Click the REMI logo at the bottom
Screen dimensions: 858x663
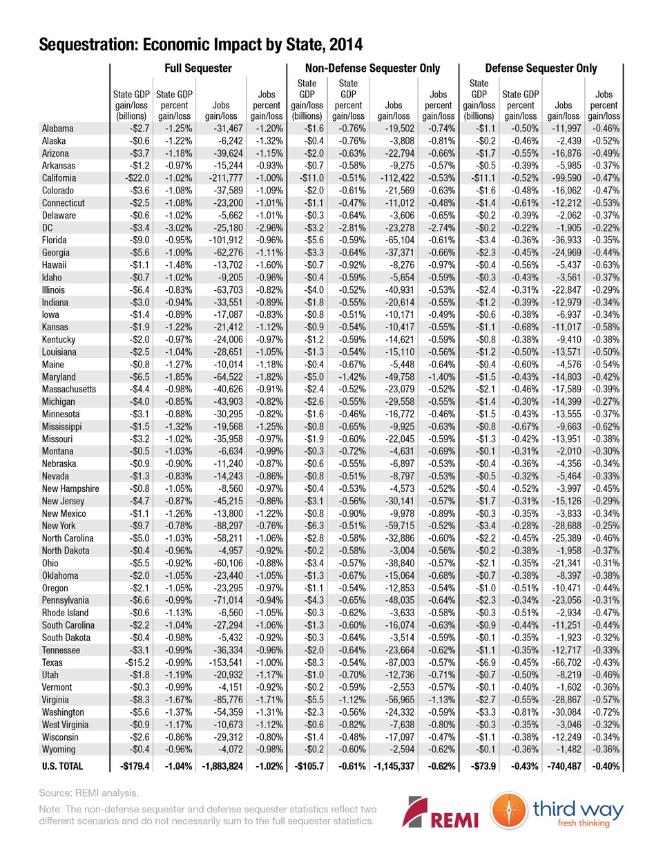coord(441,812)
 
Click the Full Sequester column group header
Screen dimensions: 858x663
coord(198,68)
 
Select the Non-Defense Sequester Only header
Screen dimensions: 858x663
coord(372,68)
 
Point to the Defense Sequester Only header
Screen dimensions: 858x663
coord(541,68)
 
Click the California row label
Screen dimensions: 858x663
coord(59,178)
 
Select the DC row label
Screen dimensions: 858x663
coord(48,228)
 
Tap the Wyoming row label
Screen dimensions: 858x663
coord(59,750)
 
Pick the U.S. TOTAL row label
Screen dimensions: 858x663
coord(62,766)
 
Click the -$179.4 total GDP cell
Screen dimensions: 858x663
coord(135,766)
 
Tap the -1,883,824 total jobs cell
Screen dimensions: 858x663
coord(222,766)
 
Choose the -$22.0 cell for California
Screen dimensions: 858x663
coord(136,178)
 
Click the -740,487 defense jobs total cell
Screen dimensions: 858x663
coord(564,766)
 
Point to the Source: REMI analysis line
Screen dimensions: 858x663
coord(88,793)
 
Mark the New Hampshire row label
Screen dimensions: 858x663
coord(70,489)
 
